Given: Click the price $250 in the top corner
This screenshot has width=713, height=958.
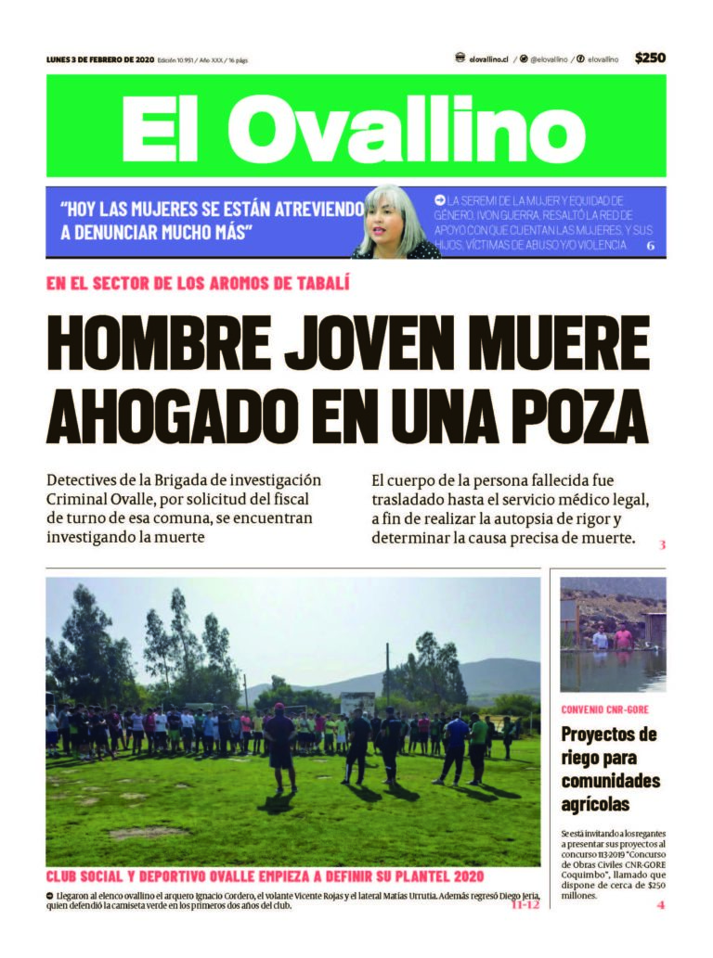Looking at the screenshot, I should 650,58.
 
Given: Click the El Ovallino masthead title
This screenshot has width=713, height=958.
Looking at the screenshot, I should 356,128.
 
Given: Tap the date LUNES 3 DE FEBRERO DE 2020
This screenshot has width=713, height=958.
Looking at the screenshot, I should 99,59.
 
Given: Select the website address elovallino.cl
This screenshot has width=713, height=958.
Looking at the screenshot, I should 488,58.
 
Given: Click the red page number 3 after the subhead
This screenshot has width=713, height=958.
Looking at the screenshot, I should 662,544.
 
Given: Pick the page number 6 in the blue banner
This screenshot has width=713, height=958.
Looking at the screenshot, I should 651,246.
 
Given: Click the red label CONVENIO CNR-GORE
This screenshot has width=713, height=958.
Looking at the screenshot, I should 605,709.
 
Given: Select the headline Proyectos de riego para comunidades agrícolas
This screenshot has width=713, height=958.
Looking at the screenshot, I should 610,769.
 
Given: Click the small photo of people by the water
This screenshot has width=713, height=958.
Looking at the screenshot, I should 613,635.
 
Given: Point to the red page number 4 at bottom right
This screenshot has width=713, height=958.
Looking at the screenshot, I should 661,905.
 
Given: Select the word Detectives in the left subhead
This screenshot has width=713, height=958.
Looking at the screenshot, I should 87,480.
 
